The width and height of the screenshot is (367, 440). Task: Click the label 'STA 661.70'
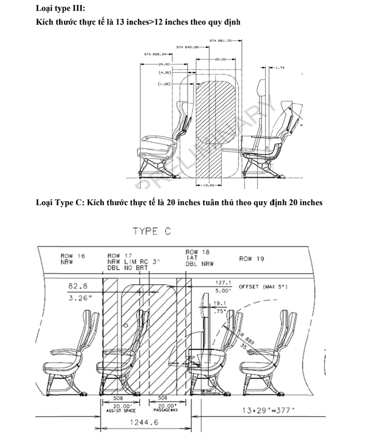(221, 40)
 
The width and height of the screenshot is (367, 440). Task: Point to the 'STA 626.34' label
(155, 54)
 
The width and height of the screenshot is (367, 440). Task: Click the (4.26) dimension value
(164, 72)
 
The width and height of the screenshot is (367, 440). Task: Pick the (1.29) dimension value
(164, 83)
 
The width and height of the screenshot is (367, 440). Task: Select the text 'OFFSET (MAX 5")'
(264, 287)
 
